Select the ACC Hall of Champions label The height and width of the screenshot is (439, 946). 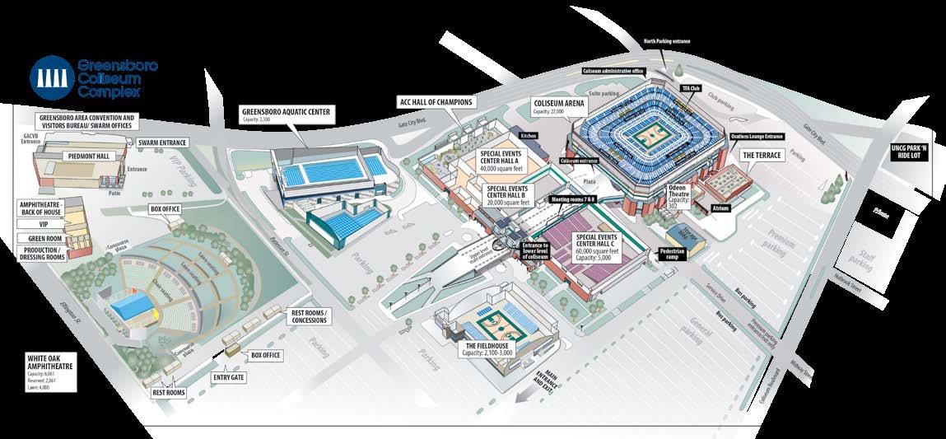pos(436,102)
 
